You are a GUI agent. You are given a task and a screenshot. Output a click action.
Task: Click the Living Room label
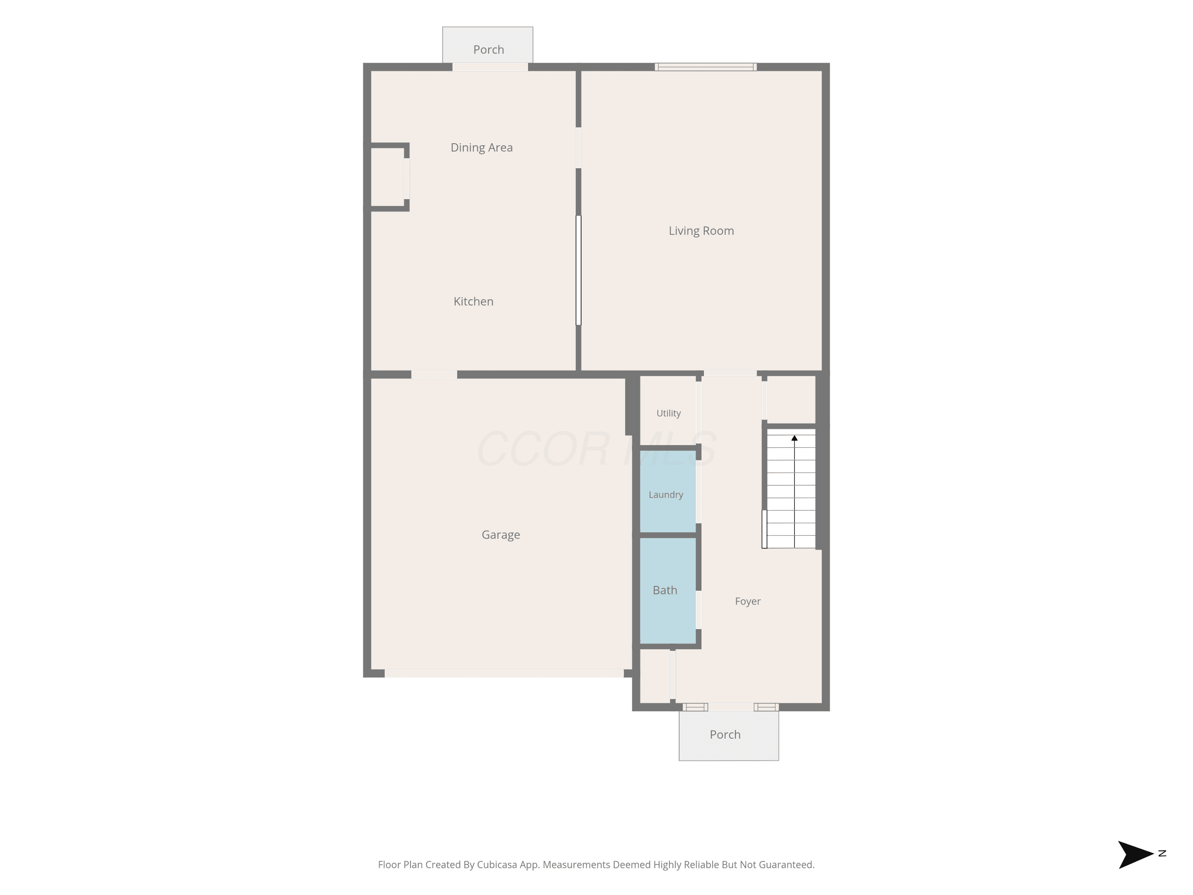(701, 231)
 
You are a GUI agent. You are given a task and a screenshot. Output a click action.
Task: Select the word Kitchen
(474, 302)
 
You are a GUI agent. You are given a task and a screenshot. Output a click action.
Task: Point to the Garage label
(501, 535)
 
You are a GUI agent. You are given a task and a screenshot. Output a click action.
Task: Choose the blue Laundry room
(668, 492)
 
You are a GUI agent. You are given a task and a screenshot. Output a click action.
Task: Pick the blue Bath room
(668, 591)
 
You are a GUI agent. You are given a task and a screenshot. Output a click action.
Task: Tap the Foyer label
(748, 601)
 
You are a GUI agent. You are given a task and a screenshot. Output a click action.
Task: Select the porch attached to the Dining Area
(488, 45)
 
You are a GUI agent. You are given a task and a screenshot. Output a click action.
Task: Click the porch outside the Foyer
(729, 736)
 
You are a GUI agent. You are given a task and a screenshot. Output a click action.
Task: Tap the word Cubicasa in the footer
(497, 865)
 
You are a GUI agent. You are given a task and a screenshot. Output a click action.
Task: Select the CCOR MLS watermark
(596, 448)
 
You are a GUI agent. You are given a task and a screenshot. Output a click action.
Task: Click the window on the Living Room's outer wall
(705, 67)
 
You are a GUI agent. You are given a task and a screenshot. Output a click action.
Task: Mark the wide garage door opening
(504, 673)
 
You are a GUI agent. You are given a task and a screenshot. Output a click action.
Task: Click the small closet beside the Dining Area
(387, 176)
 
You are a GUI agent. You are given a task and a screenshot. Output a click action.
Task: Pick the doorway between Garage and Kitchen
(434, 374)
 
